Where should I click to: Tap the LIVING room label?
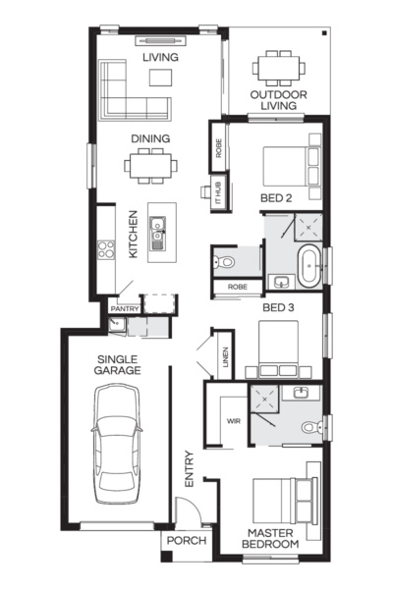[159, 58]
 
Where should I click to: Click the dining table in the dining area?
[152, 165]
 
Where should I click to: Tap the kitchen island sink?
[157, 234]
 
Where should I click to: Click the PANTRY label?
[125, 308]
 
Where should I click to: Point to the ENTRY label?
[191, 469]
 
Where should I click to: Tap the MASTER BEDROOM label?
[272, 537]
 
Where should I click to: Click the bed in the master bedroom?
[286, 501]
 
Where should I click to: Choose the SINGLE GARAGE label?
[117, 364]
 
